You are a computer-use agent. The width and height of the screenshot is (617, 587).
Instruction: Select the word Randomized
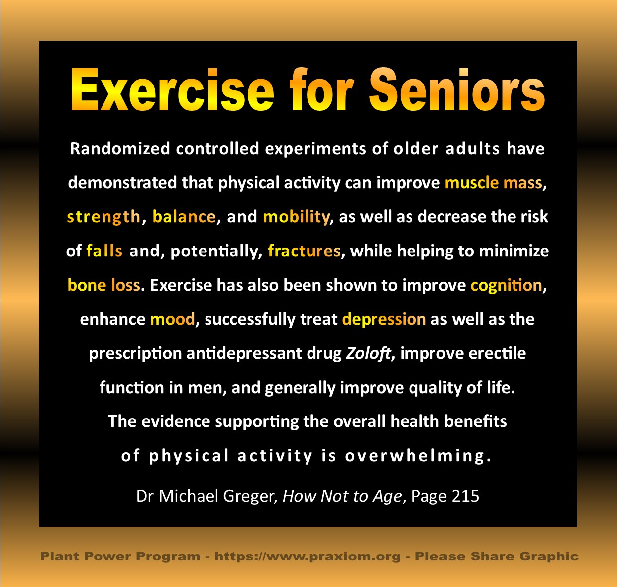pos(120,148)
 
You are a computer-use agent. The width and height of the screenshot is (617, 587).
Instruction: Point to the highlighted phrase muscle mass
pos(493,183)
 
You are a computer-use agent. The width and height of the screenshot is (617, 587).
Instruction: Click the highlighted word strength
pos(103,217)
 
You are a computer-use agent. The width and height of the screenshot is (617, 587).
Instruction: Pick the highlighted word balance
pos(184,217)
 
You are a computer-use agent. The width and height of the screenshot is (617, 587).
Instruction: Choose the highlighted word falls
pos(104,251)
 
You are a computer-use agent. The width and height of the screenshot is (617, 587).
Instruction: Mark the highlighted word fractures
pos(304,251)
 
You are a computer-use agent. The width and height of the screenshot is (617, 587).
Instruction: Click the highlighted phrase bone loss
pos(104,285)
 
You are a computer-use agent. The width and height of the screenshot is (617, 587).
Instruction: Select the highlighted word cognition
pos(507,285)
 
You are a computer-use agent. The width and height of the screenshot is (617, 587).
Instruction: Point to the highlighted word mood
pos(173,319)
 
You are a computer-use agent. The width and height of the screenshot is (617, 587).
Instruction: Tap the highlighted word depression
pos(384,320)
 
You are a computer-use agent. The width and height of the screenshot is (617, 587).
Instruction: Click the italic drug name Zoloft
pos(368,353)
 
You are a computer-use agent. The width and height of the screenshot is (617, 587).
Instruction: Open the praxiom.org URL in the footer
pos(308,557)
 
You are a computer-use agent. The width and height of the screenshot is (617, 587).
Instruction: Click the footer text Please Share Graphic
pos(497,557)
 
